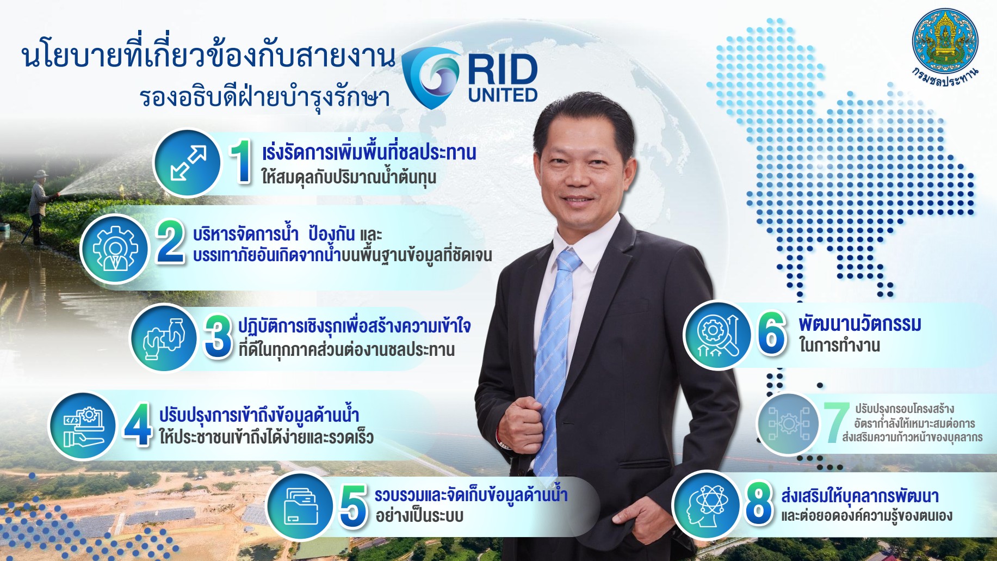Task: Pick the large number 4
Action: click(x=138, y=424)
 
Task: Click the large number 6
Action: click(x=771, y=333)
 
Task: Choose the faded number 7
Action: click(x=836, y=423)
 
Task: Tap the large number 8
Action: click(x=759, y=503)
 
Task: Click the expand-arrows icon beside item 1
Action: click(x=188, y=163)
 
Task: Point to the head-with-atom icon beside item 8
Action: click(x=707, y=504)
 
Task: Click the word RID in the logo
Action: click(x=503, y=70)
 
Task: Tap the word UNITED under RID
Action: click(x=503, y=95)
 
